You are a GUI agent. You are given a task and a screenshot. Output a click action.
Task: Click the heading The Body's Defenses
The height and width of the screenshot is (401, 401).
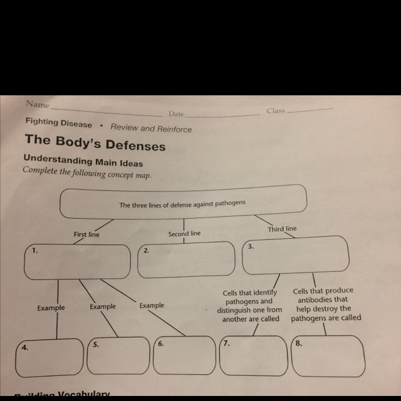(95, 145)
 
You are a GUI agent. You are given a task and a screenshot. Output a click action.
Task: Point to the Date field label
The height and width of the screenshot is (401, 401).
(176, 114)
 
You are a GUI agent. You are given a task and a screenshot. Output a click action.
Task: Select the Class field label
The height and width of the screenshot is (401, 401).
(275, 111)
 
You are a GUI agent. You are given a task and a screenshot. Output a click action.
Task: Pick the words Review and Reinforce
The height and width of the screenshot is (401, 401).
(151, 128)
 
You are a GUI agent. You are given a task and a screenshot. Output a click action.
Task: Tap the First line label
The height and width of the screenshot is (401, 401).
(86, 234)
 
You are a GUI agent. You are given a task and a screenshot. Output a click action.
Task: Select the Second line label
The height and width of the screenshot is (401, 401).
(184, 234)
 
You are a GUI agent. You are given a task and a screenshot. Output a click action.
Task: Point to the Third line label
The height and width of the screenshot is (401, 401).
(282, 229)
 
